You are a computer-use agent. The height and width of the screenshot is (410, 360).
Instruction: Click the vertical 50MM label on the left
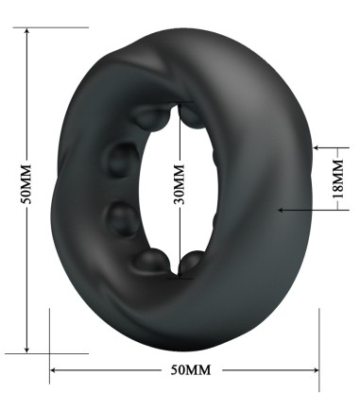point(29,188)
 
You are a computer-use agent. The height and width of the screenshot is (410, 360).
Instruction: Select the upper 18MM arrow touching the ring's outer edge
point(316,147)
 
